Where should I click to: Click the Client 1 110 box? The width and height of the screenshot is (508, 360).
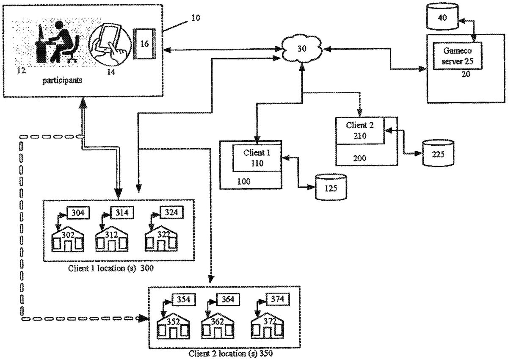(257, 158)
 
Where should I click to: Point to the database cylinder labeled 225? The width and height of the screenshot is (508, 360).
(438, 152)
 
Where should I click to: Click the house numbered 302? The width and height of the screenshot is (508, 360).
(68, 238)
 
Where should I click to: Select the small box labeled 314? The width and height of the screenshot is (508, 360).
(121, 213)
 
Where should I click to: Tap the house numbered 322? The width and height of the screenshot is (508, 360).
(161, 238)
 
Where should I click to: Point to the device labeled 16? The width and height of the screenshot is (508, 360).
(144, 44)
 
